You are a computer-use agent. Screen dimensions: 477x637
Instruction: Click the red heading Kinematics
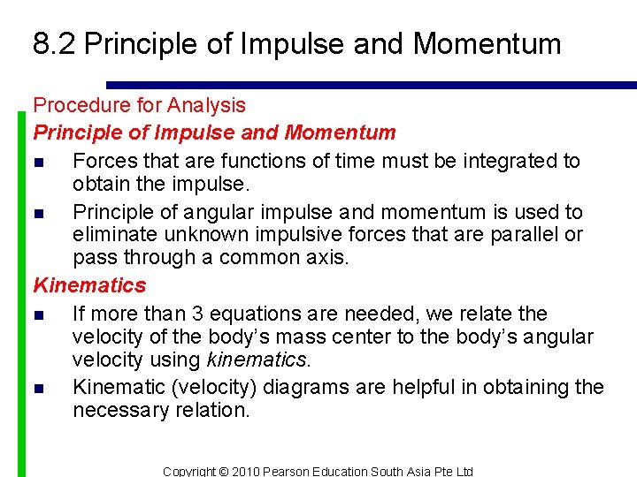point(89,285)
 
